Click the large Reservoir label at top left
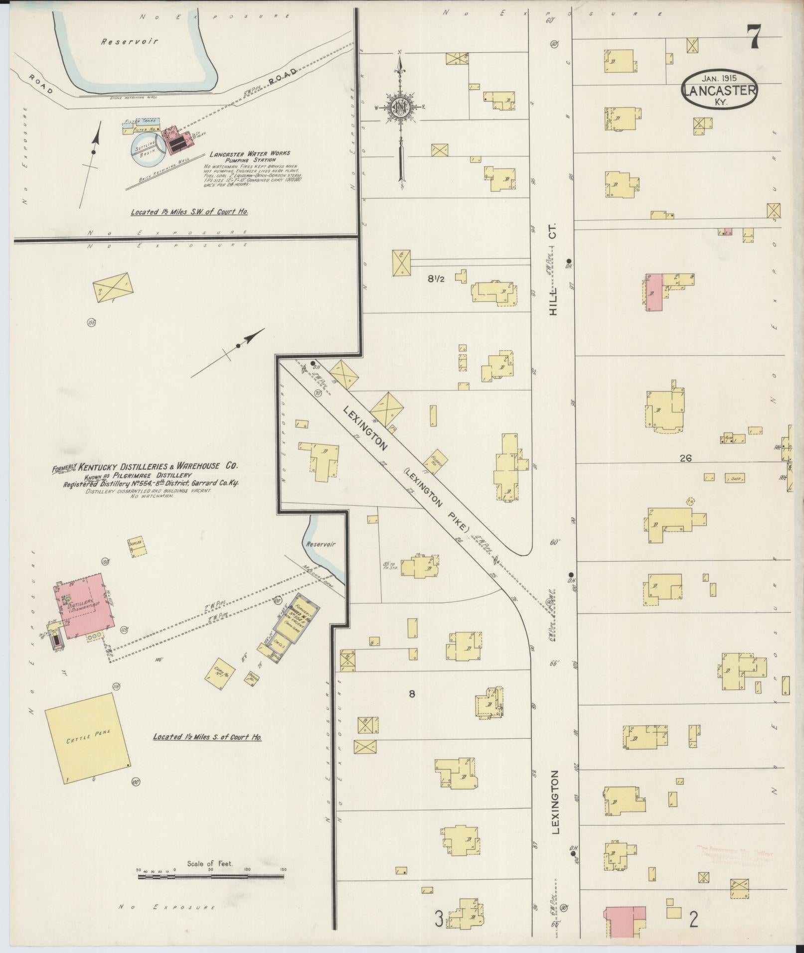tap(130, 42)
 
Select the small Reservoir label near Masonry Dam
tap(321, 545)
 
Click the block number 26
tap(685, 458)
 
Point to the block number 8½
tap(435, 279)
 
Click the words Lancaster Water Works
tap(249, 154)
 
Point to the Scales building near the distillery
tap(137, 546)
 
